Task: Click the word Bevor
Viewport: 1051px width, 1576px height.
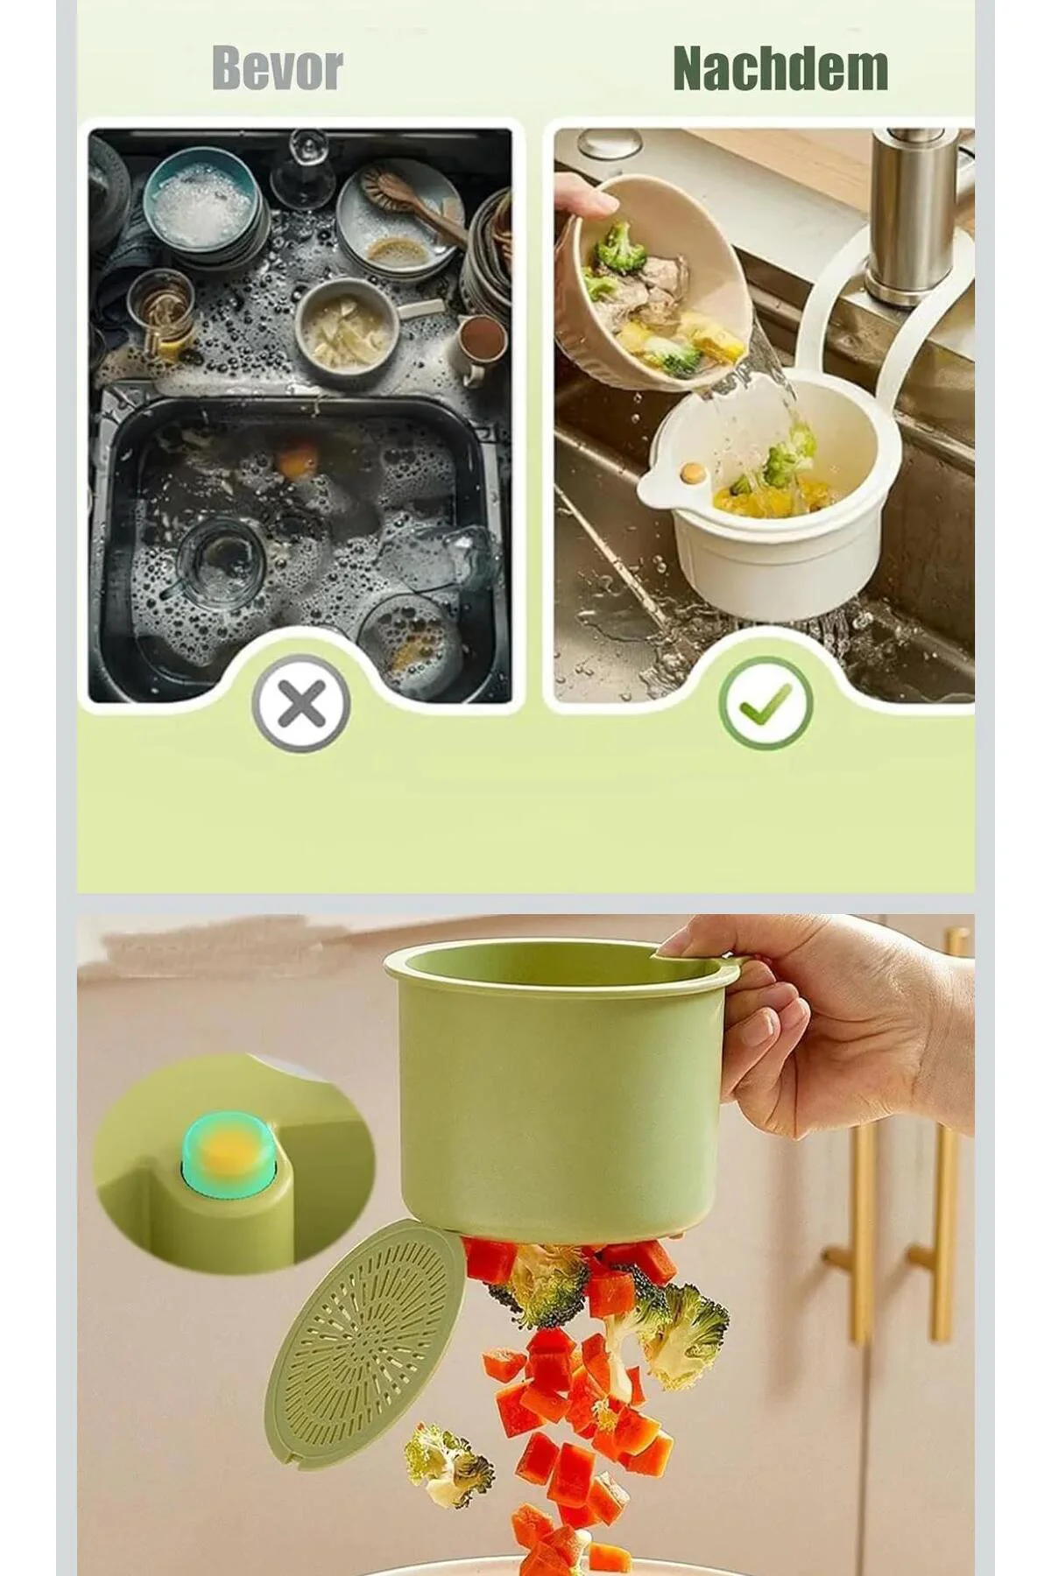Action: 277,68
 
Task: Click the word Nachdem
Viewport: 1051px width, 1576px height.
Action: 780,68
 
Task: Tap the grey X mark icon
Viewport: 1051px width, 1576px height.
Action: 301,704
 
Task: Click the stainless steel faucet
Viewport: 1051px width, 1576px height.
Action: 911,219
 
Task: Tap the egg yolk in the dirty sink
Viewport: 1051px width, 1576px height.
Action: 297,458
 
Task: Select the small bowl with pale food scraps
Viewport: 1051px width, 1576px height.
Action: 348,330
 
